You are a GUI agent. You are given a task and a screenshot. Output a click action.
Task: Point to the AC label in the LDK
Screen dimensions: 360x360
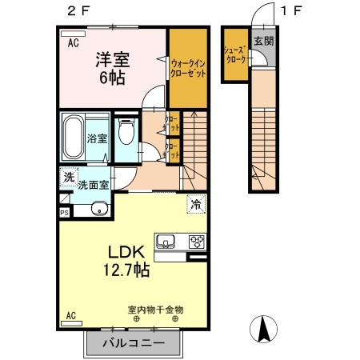coord(71,315)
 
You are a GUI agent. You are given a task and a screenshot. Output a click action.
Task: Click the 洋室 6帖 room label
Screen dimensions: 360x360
coord(113,67)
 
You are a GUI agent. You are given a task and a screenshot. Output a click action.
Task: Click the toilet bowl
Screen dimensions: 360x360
coord(126,135)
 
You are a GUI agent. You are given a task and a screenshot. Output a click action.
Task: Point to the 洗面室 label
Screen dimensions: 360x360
coord(94,185)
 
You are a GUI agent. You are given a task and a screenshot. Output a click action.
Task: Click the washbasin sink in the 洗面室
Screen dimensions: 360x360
coord(98,210)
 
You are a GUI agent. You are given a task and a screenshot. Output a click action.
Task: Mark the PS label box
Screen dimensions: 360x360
coord(64,212)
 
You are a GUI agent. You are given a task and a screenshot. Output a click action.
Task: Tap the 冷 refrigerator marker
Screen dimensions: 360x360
coord(195,204)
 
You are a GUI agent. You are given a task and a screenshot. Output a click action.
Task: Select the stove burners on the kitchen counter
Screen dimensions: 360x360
coord(196,241)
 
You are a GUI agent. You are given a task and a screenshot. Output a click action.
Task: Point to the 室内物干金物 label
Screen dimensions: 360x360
coord(155,309)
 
